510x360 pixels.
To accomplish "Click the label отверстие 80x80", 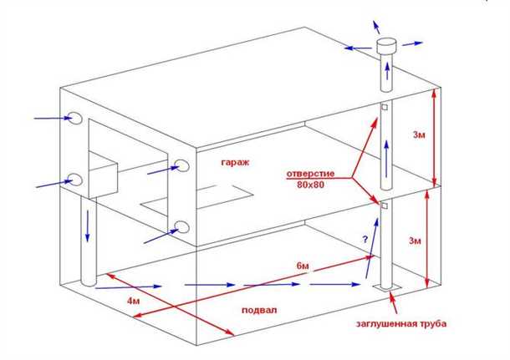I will point(312,180).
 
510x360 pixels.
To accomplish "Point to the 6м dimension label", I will point(305,266).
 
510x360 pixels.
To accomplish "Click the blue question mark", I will point(364,240).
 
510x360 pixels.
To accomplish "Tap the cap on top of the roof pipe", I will point(387,47).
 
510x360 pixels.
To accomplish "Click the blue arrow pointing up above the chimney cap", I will point(374,21).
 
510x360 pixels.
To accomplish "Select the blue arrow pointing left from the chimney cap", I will point(355,48).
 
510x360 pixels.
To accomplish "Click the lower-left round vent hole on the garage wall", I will point(74,180).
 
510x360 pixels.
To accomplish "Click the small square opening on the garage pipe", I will point(385,108).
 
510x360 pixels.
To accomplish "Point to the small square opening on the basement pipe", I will point(385,205).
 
